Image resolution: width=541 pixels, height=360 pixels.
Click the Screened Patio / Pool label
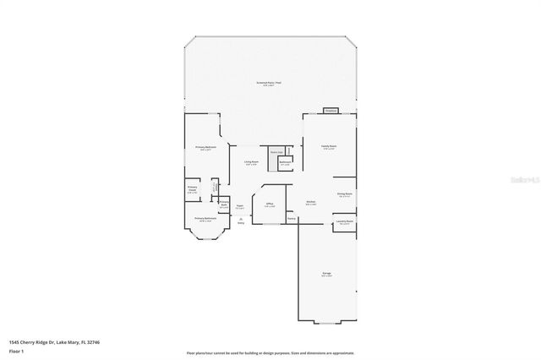coord(269,82)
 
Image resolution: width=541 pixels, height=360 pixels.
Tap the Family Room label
coord(329,146)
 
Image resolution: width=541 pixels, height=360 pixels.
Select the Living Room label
coord(252,161)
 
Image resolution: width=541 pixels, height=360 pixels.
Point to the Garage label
coord(326,273)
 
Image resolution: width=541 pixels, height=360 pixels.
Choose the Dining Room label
coord(344,194)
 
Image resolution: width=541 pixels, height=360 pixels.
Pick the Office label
coord(269,204)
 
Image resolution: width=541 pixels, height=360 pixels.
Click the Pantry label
coord(291,219)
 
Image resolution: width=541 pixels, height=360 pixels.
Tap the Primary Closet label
coord(193,189)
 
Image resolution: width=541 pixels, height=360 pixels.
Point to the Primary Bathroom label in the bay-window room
coord(205,219)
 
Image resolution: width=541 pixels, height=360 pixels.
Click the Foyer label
coord(240,205)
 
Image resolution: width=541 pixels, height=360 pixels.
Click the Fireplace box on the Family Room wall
coord(331,111)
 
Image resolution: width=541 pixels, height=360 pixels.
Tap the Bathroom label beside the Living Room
coord(286,161)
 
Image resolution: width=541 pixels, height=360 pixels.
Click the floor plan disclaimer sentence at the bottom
coord(270,352)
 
